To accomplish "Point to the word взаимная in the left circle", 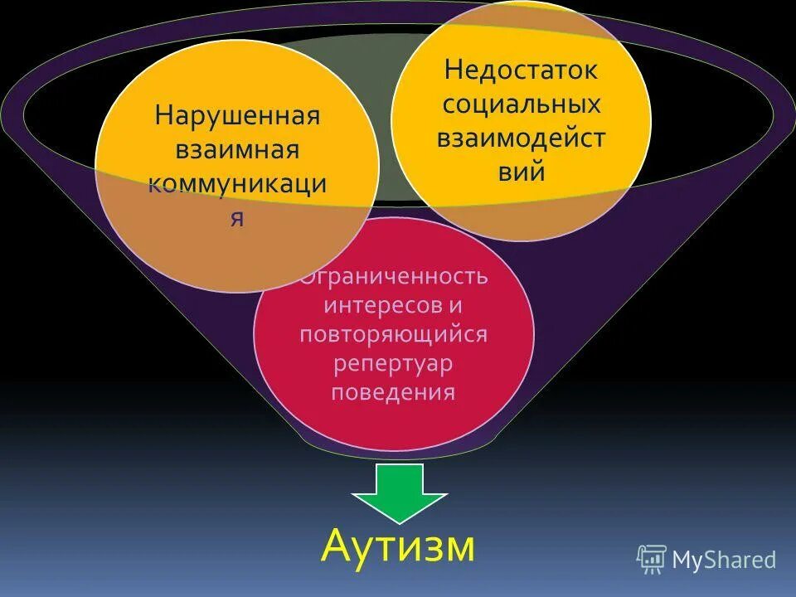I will click(236, 151).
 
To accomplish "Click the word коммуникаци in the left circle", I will click(237, 186).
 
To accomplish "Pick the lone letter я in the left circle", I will click(237, 220).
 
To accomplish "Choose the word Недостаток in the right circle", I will click(521, 70).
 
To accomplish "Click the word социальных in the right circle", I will click(521, 104).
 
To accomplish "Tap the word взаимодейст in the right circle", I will click(521, 138).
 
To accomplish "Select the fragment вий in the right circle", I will click(521, 172).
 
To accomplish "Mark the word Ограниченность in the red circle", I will click(395, 275).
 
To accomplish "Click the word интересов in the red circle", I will click(381, 304).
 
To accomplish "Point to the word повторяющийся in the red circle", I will click(394, 333).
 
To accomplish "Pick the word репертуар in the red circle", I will click(394, 362).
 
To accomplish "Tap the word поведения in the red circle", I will click(394, 391).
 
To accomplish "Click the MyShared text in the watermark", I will click(723, 560).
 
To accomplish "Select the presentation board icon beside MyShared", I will click(652, 559).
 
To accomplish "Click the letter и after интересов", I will click(454, 304).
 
